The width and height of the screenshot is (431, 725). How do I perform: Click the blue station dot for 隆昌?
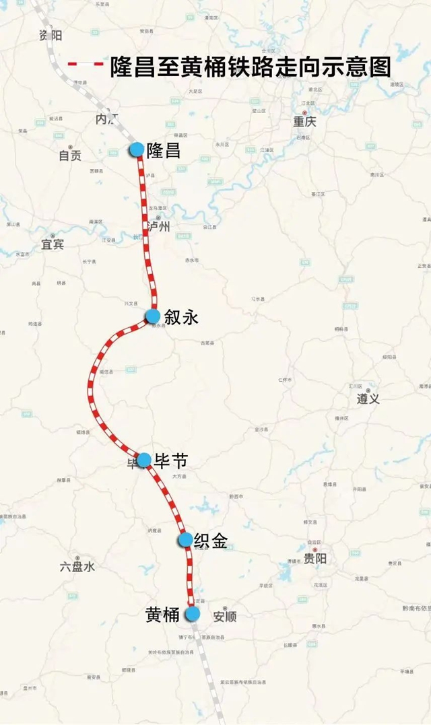click(137, 149)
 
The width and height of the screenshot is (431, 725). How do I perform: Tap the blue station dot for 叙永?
click(153, 316)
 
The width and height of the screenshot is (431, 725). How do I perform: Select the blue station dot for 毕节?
click(143, 460)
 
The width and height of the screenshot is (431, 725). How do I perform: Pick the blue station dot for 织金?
click(185, 540)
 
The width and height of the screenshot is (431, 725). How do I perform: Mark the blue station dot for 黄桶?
click(193, 613)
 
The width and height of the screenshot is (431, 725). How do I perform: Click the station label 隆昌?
click(164, 150)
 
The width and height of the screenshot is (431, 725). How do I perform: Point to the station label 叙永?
click(182, 317)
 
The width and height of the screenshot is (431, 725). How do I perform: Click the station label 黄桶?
click(162, 615)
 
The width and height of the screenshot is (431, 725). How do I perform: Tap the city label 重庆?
click(304, 122)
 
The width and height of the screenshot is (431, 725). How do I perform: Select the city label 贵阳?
click(314, 558)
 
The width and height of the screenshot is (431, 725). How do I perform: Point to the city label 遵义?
click(368, 399)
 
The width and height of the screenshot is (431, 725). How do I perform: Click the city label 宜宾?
click(52, 244)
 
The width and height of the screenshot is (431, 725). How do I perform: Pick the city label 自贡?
click(69, 156)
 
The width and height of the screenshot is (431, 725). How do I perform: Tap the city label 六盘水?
click(77, 567)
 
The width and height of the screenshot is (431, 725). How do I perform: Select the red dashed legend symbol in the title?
click(86, 65)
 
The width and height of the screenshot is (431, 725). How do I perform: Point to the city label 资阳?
click(51, 35)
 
